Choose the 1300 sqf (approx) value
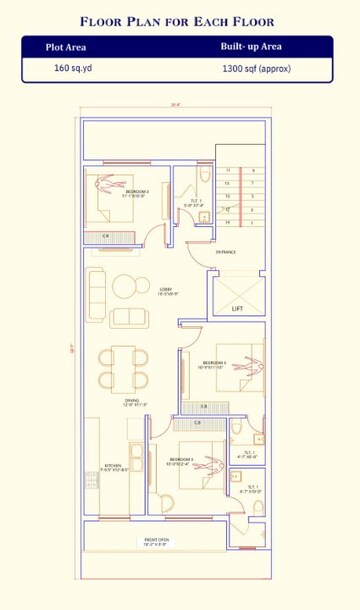tap(259, 69)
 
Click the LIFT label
tap(237, 309)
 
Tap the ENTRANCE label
tap(226, 252)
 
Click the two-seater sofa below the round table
tap(127, 317)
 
